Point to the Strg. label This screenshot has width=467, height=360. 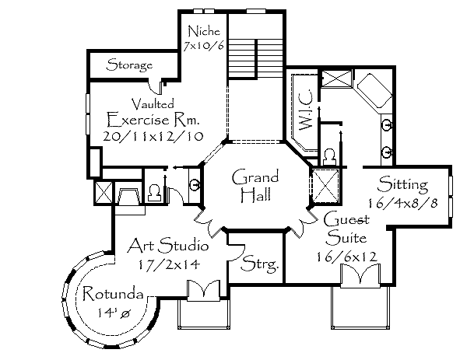tap(260, 264)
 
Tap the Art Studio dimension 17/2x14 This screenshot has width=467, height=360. tap(167, 265)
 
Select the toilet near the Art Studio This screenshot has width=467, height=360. tap(153, 191)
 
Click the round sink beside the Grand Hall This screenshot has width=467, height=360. tap(193, 184)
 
